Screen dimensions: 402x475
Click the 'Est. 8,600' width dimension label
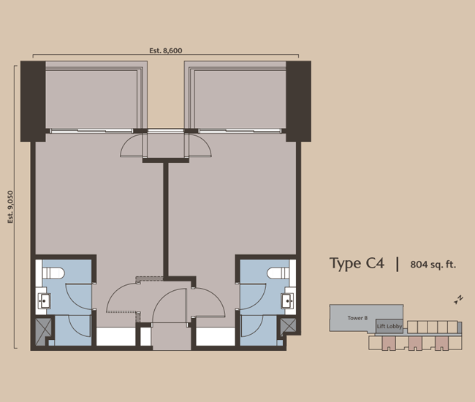pyautogui.click(x=165, y=50)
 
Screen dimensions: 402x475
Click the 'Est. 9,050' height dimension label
pyautogui.click(x=11, y=207)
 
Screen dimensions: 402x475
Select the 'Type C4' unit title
pyautogui.click(x=356, y=264)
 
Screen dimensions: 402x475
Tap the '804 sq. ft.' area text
pyautogui.click(x=433, y=265)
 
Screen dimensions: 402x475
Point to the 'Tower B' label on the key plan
pyautogui.click(x=357, y=318)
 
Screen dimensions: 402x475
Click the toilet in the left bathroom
pyautogui.click(x=54, y=273)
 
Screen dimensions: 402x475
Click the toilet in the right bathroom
pyautogui.click(x=278, y=273)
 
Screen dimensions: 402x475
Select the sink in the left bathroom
pyautogui.click(x=44, y=300)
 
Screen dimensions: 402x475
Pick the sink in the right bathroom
pyautogui.click(x=288, y=300)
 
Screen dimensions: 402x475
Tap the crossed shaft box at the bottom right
pyautogui.click(x=289, y=327)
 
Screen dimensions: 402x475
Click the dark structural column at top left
pyautogui.click(x=33, y=101)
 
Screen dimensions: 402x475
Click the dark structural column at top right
pyautogui.click(x=299, y=101)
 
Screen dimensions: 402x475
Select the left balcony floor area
pyautogui.click(x=94, y=99)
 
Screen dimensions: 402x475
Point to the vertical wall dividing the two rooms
pyautogui.click(x=167, y=219)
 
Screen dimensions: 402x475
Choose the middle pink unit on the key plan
pyautogui.click(x=414, y=343)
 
